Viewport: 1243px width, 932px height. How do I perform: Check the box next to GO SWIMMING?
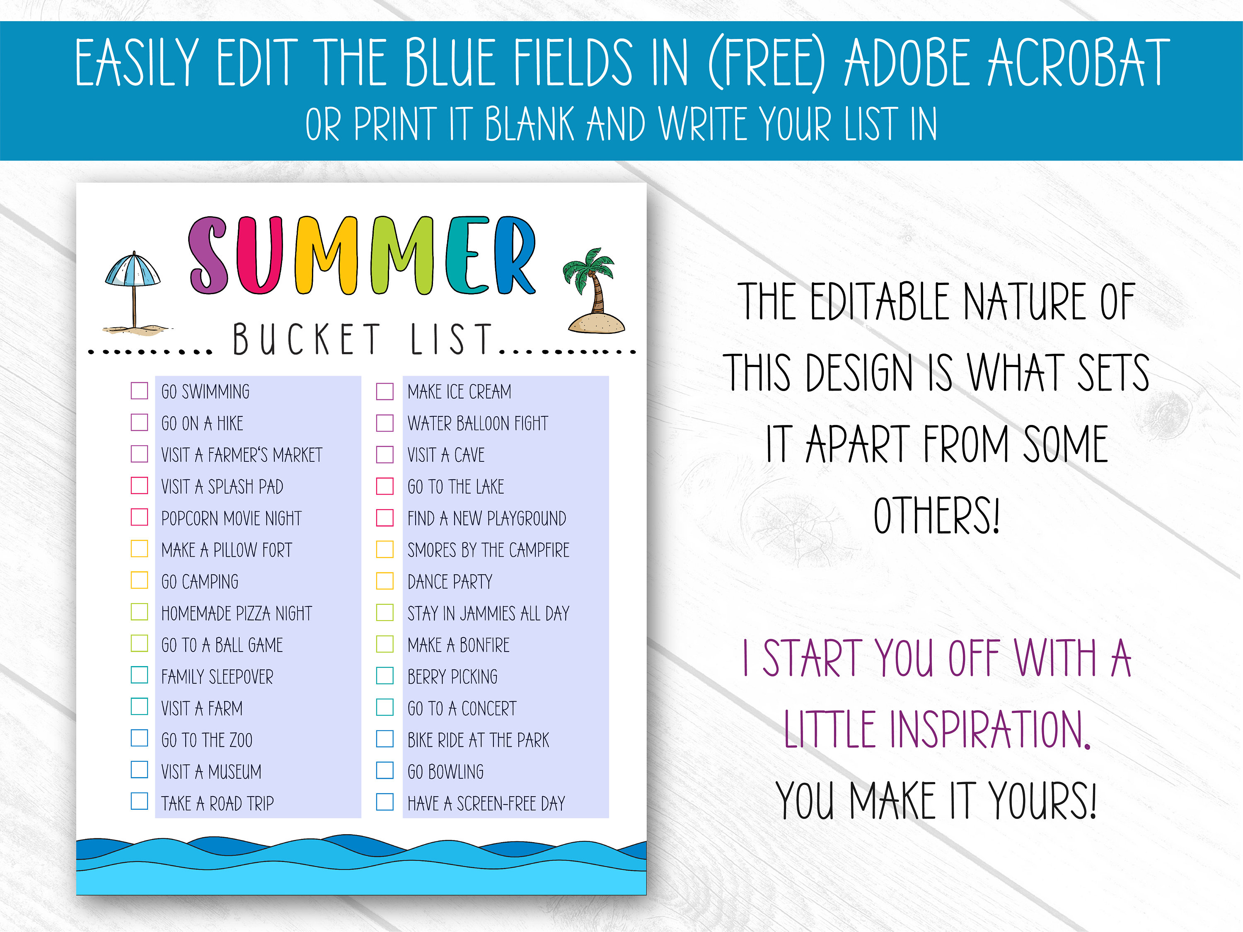139,391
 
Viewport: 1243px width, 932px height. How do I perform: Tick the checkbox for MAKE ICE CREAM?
385,391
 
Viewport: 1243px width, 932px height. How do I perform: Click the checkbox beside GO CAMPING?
139,580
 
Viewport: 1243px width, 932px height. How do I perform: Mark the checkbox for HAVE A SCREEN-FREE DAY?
385,802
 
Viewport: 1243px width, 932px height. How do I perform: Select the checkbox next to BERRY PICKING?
385,675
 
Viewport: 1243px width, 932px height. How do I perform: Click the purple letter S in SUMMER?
208,256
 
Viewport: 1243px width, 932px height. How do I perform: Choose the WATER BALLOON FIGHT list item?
478,423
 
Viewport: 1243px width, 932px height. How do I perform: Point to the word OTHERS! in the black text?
937,515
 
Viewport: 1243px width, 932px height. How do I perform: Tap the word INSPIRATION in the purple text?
937,729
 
